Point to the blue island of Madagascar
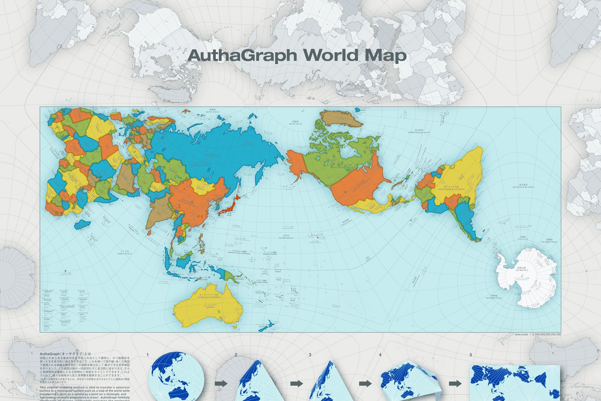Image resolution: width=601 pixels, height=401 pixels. tap(82, 225)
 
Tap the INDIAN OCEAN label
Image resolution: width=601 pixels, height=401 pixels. tap(125, 253)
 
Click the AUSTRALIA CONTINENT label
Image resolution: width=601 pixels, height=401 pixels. tap(207, 295)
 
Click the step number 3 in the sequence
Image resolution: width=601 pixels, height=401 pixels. tap(310, 355)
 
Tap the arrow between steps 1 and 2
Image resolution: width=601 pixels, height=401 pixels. tap(221, 384)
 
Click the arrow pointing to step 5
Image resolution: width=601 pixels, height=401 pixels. tap(455, 384)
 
